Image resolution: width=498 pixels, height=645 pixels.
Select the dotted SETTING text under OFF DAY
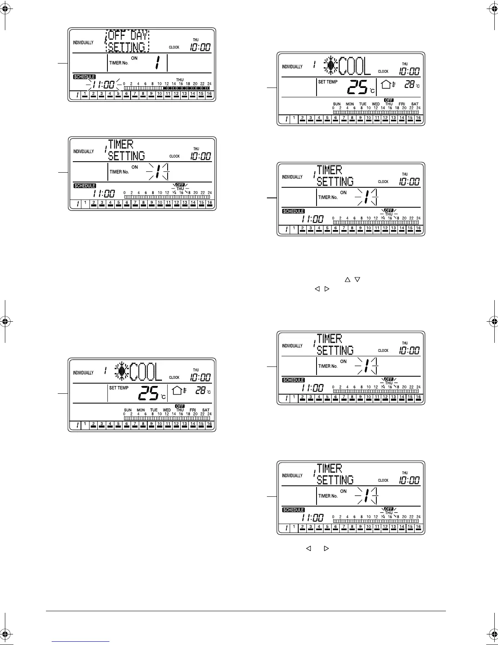pos(127,47)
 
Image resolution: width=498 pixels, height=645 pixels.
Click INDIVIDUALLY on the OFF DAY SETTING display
pos(83,43)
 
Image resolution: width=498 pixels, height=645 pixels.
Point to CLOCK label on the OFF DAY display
pos(174,47)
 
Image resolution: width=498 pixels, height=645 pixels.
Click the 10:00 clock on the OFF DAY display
pos(200,47)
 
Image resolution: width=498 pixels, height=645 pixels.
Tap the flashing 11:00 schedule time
pos(103,85)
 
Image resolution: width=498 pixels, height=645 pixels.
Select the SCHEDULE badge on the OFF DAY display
pos(85,77)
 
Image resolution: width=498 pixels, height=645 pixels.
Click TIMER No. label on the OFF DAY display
pos(119,63)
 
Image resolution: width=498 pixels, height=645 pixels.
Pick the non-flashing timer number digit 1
pos(157,62)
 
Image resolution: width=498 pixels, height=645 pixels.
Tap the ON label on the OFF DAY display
pos(134,58)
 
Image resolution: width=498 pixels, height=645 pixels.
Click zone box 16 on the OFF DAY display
pos(209,94)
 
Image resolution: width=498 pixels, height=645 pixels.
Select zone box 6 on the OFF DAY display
pos(126,94)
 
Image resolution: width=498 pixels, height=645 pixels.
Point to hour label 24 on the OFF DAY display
pos(209,84)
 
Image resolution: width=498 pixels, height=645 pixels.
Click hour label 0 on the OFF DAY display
pos(124,84)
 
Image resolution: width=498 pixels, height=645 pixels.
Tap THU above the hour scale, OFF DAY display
pos(180,80)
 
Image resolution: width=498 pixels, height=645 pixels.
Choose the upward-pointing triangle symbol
pos(347,279)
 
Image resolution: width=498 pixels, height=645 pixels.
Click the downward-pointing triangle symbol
pos(357,279)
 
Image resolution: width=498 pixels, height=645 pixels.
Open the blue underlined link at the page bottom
pos(81,641)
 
